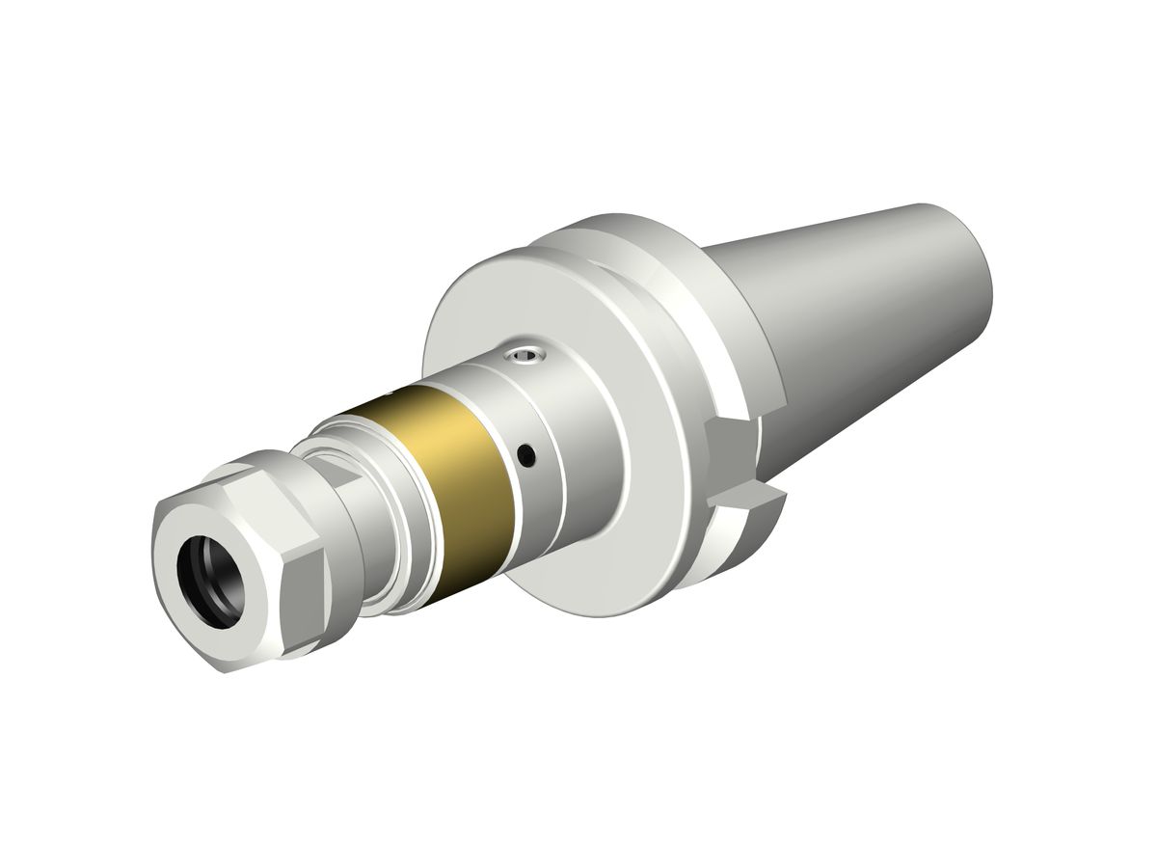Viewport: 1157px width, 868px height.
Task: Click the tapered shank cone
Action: pos(868,309)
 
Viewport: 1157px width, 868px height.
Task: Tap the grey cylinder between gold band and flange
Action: pos(559,424)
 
